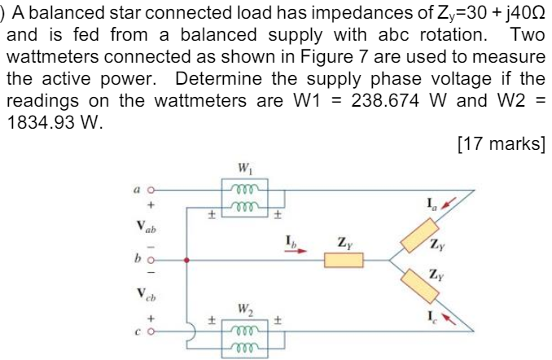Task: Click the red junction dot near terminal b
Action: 187,261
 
